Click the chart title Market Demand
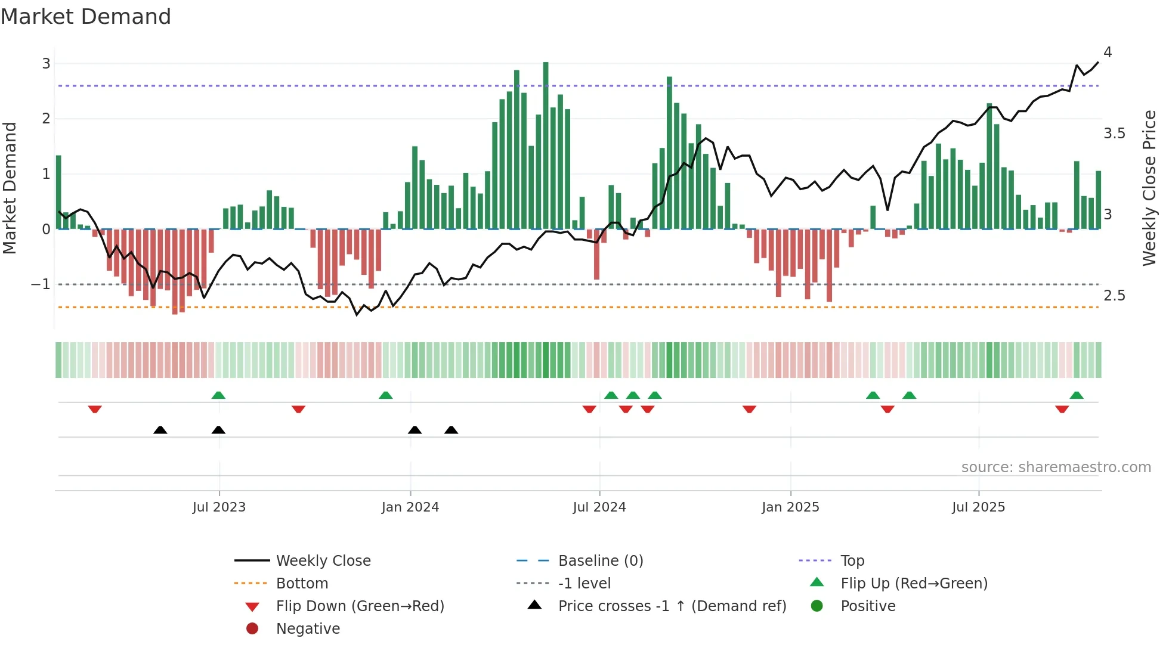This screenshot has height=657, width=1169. coord(86,17)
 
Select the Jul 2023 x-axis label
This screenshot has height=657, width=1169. coord(219,507)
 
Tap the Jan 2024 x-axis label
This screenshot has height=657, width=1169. coord(410,507)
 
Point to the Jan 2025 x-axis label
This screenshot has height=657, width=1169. coord(790,507)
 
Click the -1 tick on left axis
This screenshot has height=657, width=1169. coord(41,284)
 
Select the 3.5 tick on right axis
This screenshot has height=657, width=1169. coord(1114,134)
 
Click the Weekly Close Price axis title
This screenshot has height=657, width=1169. coord(1149,188)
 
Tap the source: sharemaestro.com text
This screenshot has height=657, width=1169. coord(1056,467)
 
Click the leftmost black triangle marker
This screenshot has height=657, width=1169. coord(160,430)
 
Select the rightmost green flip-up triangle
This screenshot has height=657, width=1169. coord(1077,395)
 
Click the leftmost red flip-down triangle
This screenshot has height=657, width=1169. coord(95,409)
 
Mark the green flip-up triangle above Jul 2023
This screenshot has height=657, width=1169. coord(218,395)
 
